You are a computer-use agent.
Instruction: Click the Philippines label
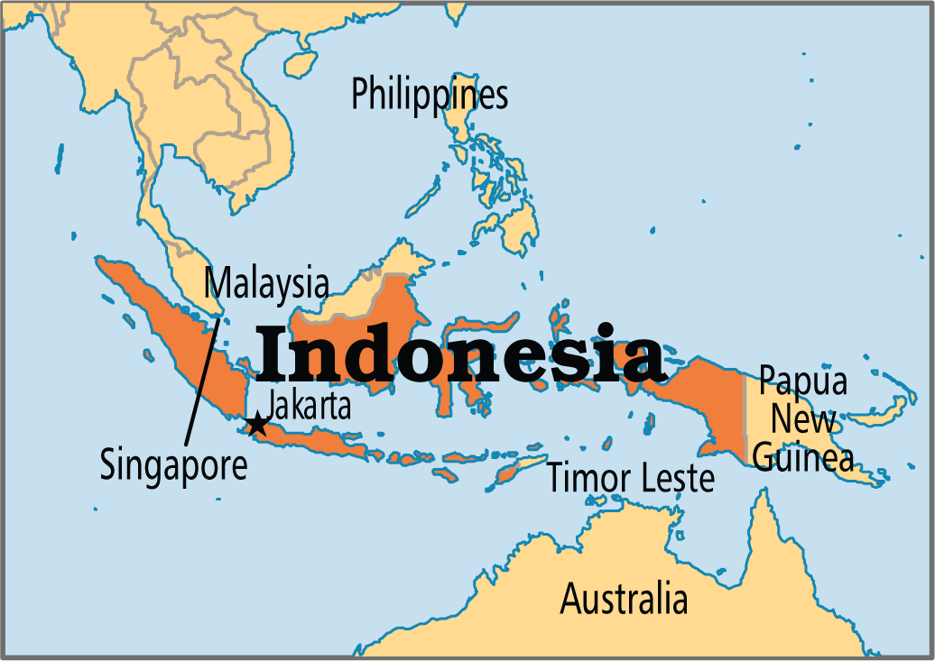[430, 95]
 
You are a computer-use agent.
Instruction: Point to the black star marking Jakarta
[257, 423]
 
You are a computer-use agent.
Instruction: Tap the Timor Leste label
[631, 478]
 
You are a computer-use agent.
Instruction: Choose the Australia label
[624, 598]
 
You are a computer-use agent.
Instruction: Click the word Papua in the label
[802, 381]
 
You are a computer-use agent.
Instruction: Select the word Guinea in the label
[802, 457]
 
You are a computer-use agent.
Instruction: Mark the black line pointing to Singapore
[200, 379]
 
